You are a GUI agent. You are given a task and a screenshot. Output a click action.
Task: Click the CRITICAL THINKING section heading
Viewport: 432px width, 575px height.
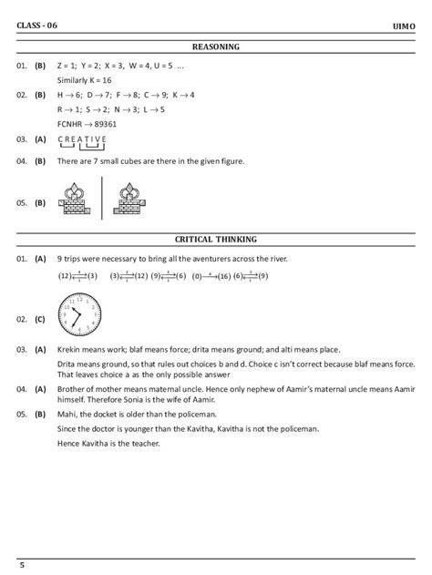[x=215, y=240]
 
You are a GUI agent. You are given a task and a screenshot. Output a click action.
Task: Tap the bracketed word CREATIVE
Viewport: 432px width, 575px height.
[x=82, y=140]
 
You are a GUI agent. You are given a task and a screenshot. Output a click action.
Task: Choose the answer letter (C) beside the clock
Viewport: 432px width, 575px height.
[x=40, y=320]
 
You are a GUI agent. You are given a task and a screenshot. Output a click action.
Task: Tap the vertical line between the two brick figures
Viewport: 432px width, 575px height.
[x=102, y=200]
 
